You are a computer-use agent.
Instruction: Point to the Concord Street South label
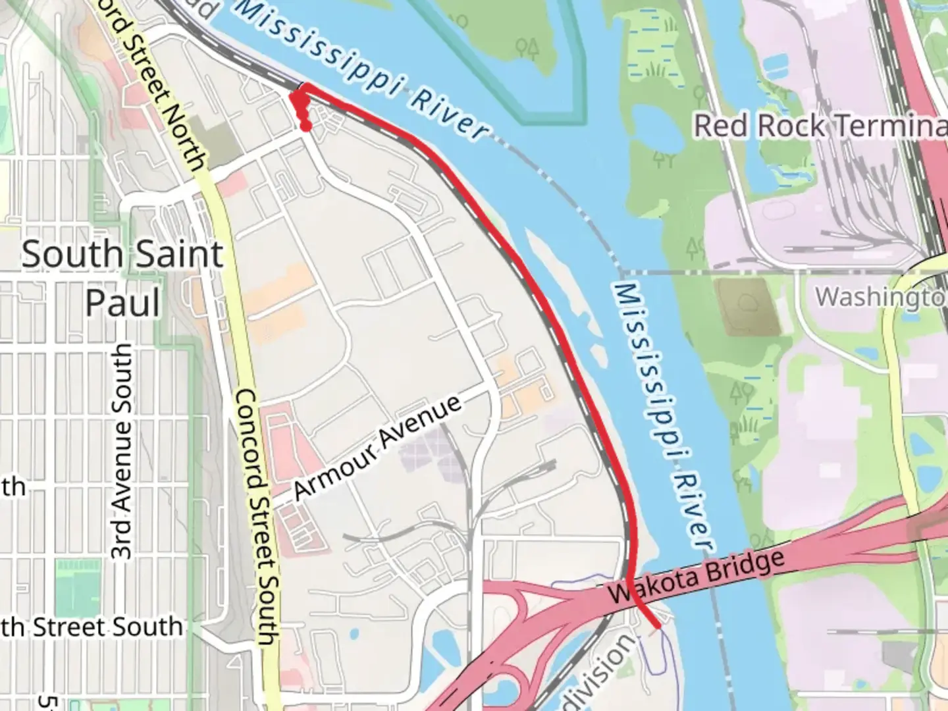coord(256,516)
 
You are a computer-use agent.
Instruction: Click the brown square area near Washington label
coord(747,306)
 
